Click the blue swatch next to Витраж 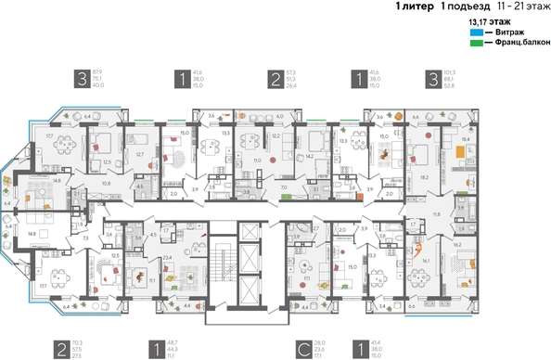point(476,32)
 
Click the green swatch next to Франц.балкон point(476,44)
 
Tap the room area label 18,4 point(463,139)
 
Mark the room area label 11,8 point(437,214)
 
